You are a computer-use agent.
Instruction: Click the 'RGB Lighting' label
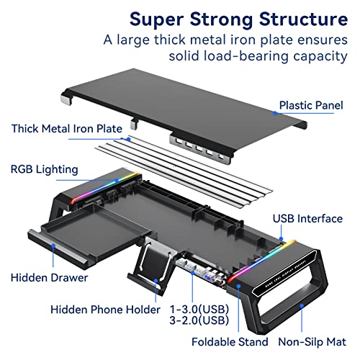click(x=45, y=170)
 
